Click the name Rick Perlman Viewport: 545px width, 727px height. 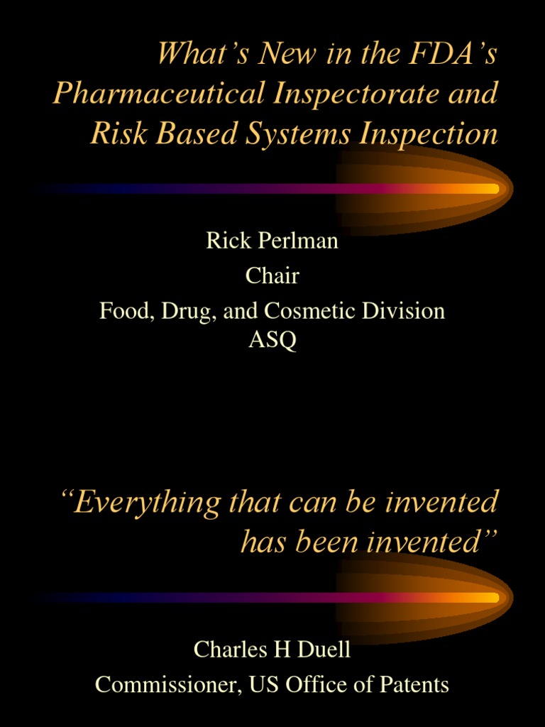pos(272,241)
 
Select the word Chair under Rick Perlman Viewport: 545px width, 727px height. pos(272,275)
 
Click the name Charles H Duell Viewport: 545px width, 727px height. pos(272,649)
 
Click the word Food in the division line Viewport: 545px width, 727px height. pos(121,311)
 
